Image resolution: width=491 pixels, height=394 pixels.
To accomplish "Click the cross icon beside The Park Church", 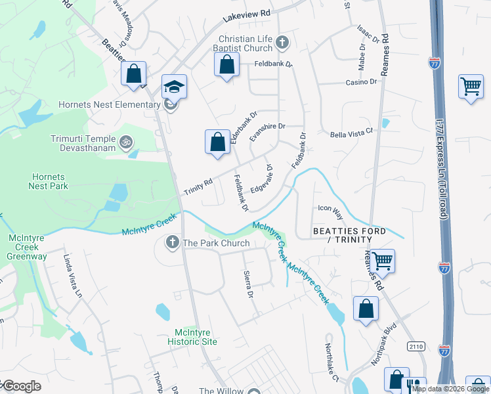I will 172,243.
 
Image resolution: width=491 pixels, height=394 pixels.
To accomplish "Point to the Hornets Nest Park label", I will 47,181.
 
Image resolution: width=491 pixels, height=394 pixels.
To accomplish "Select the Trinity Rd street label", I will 198,185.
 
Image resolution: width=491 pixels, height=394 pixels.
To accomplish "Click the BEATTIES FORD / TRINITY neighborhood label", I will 349,236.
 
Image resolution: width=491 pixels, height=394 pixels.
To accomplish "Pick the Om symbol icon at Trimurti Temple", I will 125,140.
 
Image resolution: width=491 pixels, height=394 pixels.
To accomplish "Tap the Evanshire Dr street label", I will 268,131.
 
